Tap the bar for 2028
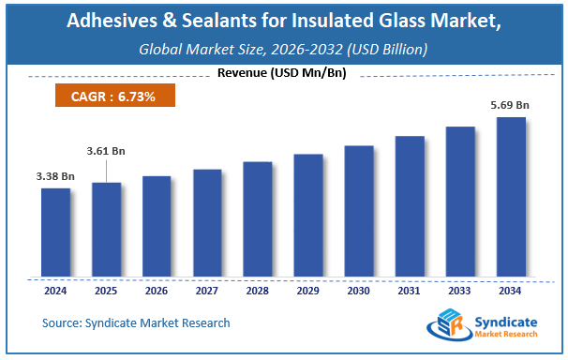tap(258, 219)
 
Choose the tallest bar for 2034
tap(510, 198)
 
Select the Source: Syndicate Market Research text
tap(135, 322)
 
